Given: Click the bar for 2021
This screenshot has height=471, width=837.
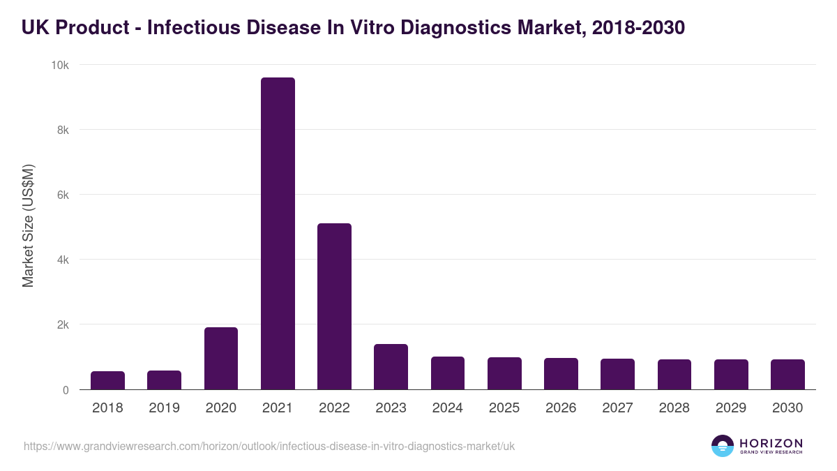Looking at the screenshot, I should [278, 234].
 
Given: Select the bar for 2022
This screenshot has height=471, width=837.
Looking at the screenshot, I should [334, 307].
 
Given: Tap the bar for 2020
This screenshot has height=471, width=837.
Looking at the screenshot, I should [221, 359].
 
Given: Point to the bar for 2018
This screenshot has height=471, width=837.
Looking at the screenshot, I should [107, 381].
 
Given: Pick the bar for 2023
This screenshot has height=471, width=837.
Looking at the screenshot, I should [391, 367].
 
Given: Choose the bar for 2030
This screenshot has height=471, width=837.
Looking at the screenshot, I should [787, 375].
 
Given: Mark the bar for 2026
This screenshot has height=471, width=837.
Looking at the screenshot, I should [561, 374].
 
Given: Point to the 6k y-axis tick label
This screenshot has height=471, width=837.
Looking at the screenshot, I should [63, 195].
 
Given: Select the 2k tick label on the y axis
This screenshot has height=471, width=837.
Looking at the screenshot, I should [63, 325].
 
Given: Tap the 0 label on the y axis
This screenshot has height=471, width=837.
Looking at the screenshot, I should [66, 390].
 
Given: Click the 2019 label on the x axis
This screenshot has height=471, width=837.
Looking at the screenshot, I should [164, 408].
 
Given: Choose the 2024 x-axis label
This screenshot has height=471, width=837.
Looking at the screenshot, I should [447, 408].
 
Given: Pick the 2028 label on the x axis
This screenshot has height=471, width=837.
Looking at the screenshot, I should [674, 408].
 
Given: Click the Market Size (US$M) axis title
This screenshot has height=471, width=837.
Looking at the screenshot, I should [28, 227].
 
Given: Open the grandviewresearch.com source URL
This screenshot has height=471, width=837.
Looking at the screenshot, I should [269, 446].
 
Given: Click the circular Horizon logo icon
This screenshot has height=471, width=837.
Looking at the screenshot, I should [723, 446].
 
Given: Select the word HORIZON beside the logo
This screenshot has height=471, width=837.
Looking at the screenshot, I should [771, 443].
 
